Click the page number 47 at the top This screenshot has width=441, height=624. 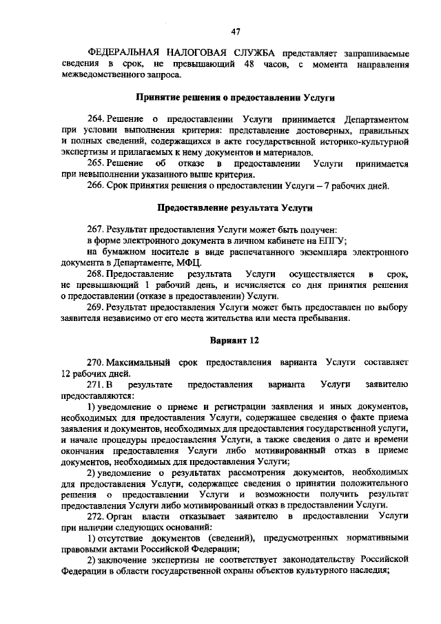(235, 32)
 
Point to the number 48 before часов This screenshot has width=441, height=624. (248, 65)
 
